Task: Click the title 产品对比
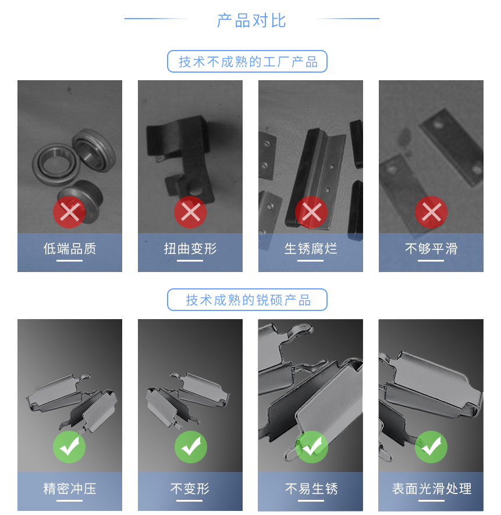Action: [x=251, y=20]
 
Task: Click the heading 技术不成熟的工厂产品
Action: [x=247, y=62]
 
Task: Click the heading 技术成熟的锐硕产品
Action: [x=247, y=300]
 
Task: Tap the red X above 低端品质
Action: [x=70, y=213]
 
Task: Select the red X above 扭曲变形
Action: [x=190, y=213]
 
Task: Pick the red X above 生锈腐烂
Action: [x=311, y=213]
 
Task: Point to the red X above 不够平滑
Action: [x=431, y=213]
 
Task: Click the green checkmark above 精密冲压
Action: [x=70, y=447]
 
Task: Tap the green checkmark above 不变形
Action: [x=190, y=447]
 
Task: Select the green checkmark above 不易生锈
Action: [x=311, y=447]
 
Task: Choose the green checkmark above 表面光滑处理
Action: [x=431, y=447]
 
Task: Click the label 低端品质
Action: [x=70, y=249]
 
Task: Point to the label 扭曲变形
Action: [x=190, y=249]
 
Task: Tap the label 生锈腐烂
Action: [x=311, y=249]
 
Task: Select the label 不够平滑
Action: [x=431, y=249]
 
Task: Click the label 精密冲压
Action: [x=70, y=489]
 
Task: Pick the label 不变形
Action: [x=190, y=489]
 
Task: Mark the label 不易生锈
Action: [x=311, y=489]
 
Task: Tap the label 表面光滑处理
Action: [x=431, y=489]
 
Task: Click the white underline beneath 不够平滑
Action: [x=431, y=261]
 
